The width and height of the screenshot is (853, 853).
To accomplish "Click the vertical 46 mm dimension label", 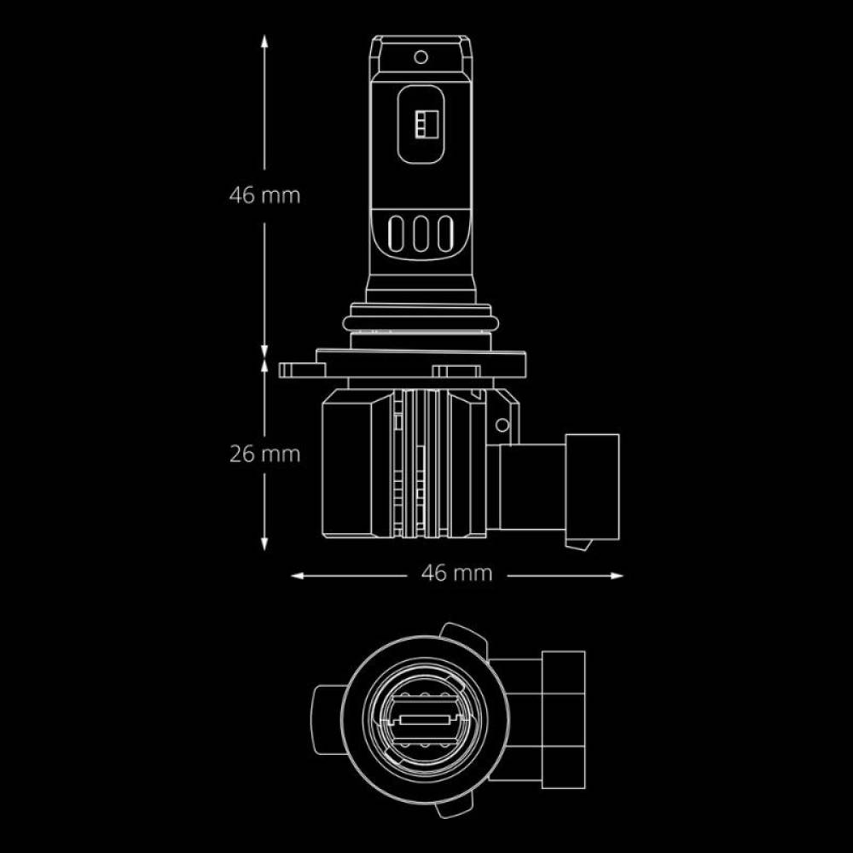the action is (264, 196).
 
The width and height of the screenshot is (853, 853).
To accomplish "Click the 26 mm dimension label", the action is (264, 455).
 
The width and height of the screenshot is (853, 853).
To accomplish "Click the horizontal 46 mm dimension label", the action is (456, 573).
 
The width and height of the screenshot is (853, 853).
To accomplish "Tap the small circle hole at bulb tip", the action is (421, 57).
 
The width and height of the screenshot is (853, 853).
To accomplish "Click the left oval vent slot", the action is (396, 234).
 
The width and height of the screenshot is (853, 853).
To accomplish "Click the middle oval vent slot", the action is (421, 234).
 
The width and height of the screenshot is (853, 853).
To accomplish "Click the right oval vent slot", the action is (445, 234).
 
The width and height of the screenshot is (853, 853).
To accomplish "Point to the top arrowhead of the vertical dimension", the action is (264, 43).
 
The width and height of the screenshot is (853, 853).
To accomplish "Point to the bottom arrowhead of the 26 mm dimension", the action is (264, 543).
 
